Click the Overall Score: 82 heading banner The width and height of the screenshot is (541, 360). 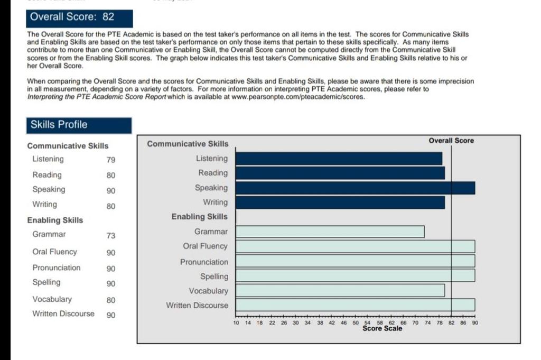(79, 17)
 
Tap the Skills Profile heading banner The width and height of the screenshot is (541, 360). (79, 125)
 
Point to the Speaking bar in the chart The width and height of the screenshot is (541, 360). (355, 188)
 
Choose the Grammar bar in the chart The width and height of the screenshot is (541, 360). (330, 232)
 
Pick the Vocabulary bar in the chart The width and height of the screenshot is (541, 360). (340, 291)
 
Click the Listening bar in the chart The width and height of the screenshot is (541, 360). (339, 159)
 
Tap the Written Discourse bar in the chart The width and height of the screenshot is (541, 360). (355, 305)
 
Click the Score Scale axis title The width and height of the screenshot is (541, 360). (382, 328)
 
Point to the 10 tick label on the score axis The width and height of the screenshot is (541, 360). (236, 322)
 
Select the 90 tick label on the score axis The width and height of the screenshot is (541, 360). (474, 322)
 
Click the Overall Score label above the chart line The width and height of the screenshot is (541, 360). (451, 141)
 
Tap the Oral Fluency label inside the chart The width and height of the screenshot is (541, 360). (205, 246)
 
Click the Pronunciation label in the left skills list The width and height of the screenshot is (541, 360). (57, 268)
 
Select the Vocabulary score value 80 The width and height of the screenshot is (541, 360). (111, 300)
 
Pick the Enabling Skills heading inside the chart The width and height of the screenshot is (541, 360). (200, 217)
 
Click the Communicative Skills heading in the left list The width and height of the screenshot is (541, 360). (68, 146)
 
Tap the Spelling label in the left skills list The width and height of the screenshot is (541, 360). (46, 283)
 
